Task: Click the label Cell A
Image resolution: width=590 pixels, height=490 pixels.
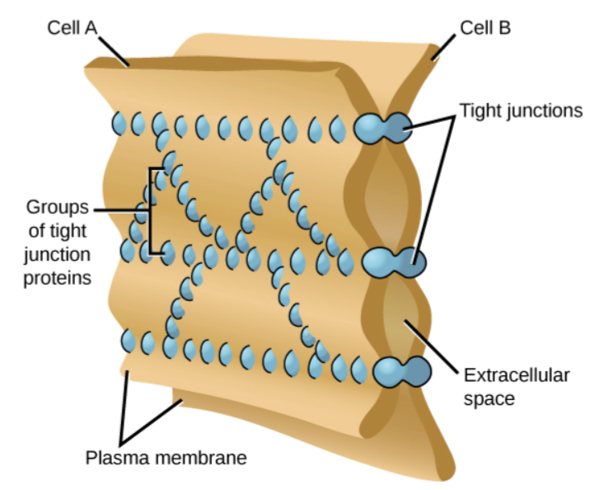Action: click(x=72, y=29)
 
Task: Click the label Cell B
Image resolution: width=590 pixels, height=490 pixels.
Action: click(x=485, y=28)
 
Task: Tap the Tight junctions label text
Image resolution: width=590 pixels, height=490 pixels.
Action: click(x=521, y=111)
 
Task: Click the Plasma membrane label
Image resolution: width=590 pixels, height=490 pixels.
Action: click(x=166, y=456)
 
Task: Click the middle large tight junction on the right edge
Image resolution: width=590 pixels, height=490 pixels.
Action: click(x=393, y=263)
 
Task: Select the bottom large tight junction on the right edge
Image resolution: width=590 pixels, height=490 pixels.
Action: click(x=401, y=371)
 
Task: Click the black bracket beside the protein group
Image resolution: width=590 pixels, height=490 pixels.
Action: click(x=152, y=210)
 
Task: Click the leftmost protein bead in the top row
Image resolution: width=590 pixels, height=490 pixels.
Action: click(x=120, y=124)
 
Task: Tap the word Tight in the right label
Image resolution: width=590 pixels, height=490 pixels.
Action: click(x=478, y=111)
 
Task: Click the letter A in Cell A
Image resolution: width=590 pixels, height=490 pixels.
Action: click(x=90, y=29)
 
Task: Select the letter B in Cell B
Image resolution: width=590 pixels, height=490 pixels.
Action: click(x=503, y=28)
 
